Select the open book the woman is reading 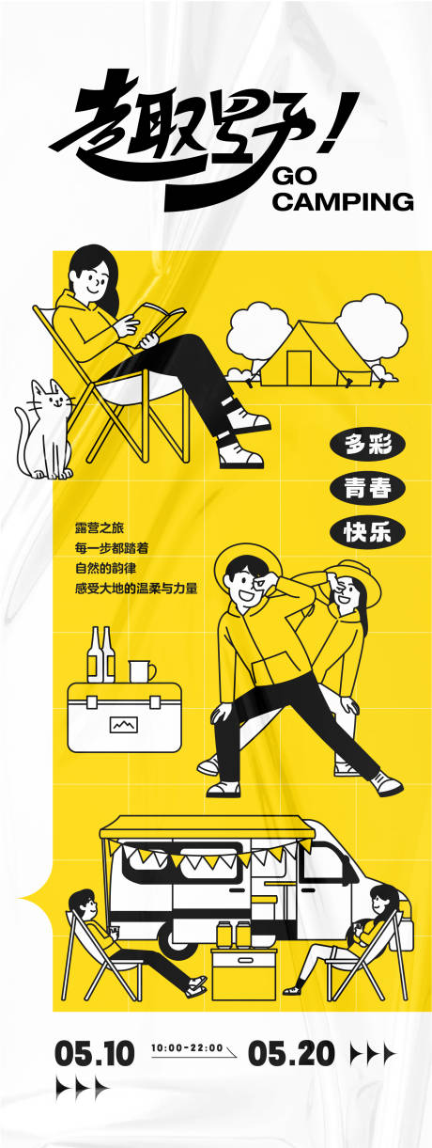[155, 325]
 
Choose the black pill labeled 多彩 [366, 445]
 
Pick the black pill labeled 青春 [366, 488]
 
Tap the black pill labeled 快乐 [366, 531]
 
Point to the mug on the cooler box [140, 670]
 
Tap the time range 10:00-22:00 [187, 1048]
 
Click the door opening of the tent [300, 368]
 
